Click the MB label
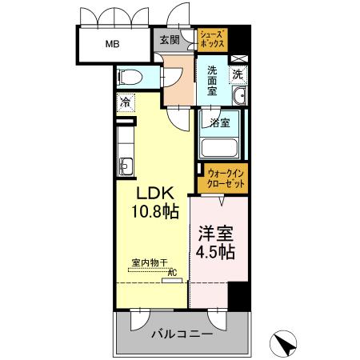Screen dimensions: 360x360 110,45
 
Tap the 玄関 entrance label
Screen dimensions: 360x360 168,41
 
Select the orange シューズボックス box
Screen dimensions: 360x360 214,39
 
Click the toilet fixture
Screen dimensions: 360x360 131,78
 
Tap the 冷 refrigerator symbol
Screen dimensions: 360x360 126,102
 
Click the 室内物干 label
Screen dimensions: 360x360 150,262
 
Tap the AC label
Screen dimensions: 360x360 171,272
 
